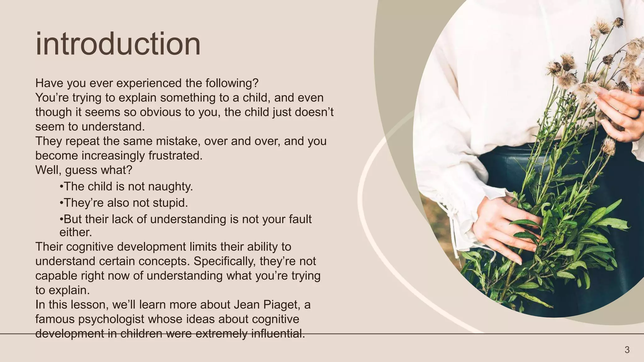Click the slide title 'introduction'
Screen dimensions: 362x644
118,44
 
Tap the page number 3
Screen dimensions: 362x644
627,350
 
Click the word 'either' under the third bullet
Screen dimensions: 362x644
75,233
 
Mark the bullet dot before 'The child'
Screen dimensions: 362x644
61,187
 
